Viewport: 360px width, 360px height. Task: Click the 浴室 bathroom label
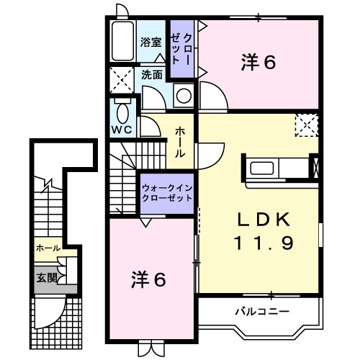[x=150, y=42]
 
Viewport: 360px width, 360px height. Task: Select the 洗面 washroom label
[x=151, y=73]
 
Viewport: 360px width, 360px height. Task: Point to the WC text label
[x=120, y=130]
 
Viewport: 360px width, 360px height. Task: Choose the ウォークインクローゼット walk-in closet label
[x=166, y=192]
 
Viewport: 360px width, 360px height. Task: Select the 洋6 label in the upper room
[x=258, y=63]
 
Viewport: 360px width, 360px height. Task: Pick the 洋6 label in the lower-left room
[x=149, y=279]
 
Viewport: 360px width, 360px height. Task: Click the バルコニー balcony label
[x=261, y=312]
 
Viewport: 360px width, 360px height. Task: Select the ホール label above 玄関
[x=48, y=248]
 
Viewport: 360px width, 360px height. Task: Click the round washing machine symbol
[x=184, y=95]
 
